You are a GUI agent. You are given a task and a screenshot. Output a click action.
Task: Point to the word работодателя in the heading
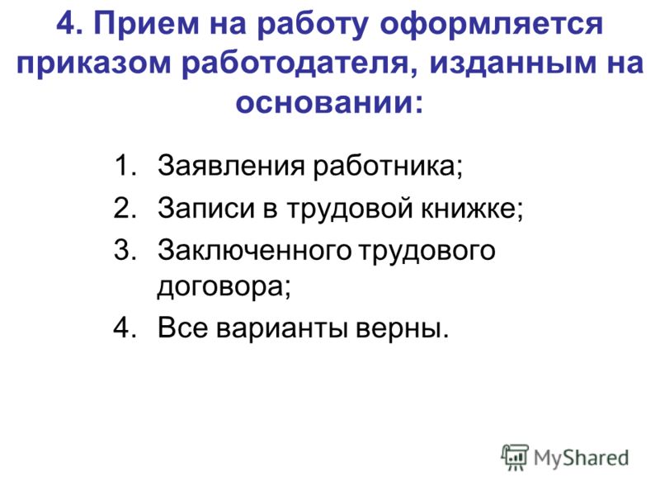point(295,64)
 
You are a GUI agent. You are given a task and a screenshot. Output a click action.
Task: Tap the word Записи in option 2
point(206,208)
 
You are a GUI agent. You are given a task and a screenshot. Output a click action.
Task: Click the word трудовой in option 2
point(349,209)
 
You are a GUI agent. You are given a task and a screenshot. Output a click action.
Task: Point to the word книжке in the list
point(468,208)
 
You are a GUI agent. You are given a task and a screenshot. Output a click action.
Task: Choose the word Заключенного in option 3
point(255,250)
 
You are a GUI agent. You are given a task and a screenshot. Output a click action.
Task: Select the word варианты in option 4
point(282,328)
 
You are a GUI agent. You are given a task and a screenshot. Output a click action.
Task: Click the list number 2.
point(125,208)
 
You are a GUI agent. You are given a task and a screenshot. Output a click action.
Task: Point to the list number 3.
point(125,250)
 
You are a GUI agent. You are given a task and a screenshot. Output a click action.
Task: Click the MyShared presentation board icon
point(515,457)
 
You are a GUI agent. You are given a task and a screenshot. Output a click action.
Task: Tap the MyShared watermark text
point(581,458)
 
